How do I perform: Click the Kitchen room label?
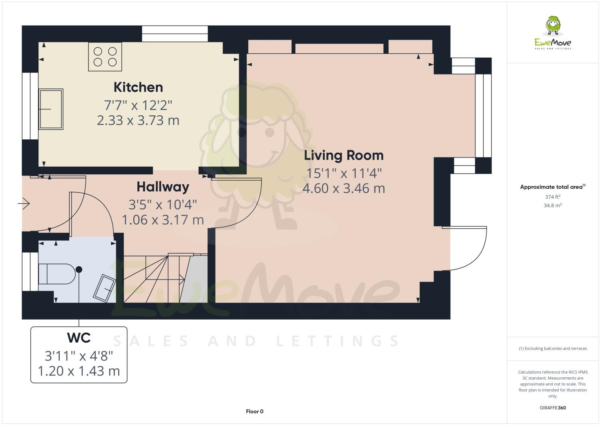tap(138, 87)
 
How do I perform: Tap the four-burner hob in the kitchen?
tap(105, 57)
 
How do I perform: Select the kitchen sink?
tap(51, 109)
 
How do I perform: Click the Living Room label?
tap(343, 155)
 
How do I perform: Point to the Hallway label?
tap(163, 187)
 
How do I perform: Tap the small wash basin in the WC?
tap(105, 287)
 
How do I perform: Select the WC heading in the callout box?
tap(79, 338)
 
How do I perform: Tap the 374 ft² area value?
tap(553, 197)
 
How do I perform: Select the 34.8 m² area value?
tap(553, 205)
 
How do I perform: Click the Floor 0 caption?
tap(255, 411)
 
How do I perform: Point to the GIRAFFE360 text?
tap(553, 408)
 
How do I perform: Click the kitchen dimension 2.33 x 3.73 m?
tap(138, 120)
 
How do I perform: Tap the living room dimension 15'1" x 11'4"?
tap(344, 173)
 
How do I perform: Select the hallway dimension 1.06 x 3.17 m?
tap(163, 220)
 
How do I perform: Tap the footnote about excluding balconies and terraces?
tap(553, 348)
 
